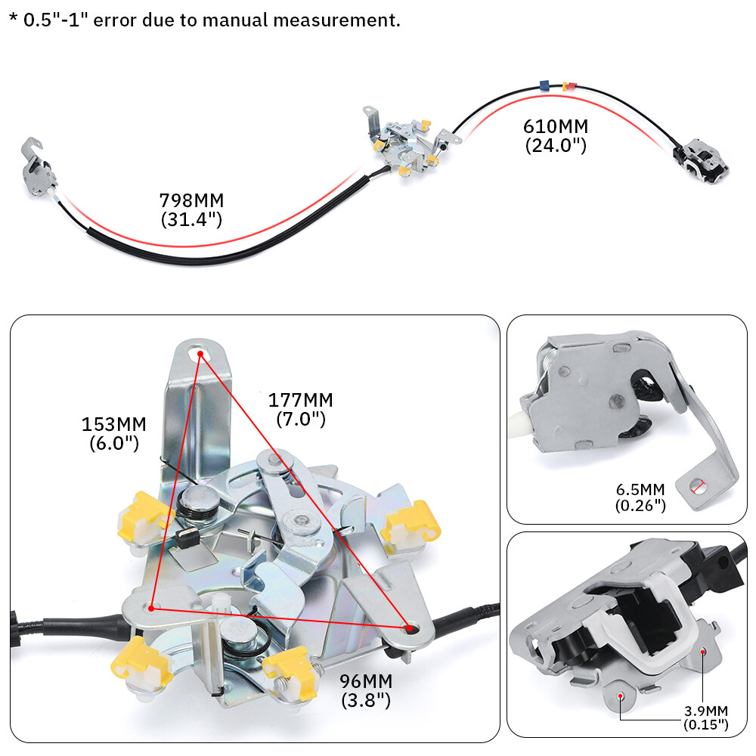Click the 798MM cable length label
click(x=191, y=201)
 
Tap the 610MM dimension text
click(x=556, y=126)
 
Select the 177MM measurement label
click(x=300, y=400)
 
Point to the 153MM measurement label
click(x=113, y=424)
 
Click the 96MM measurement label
click(x=366, y=682)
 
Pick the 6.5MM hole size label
click(x=640, y=488)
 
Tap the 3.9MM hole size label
click(x=706, y=710)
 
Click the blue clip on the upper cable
click(x=543, y=86)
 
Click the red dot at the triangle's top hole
click(x=200, y=353)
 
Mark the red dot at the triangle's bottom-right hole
click(x=409, y=627)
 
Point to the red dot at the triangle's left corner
click(x=152, y=606)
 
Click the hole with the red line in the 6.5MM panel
click(x=698, y=488)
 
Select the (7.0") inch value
click(x=300, y=418)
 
